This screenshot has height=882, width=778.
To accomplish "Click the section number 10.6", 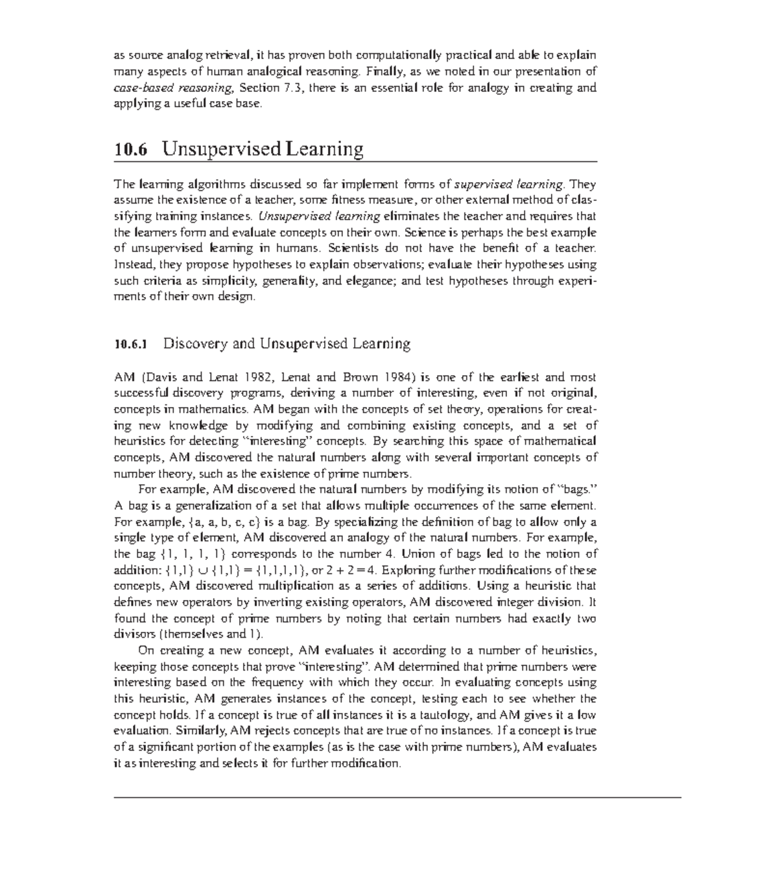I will pos(130,150).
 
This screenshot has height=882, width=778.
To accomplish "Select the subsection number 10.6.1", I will pos(131,344).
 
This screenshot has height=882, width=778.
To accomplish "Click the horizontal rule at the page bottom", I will pos(397,797).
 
